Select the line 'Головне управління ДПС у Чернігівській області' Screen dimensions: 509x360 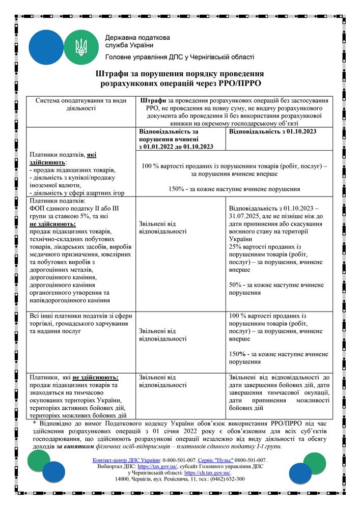(x=179, y=58)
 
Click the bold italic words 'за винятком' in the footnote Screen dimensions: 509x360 (x=73, y=446)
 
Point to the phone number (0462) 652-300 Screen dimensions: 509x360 (x=226, y=479)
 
